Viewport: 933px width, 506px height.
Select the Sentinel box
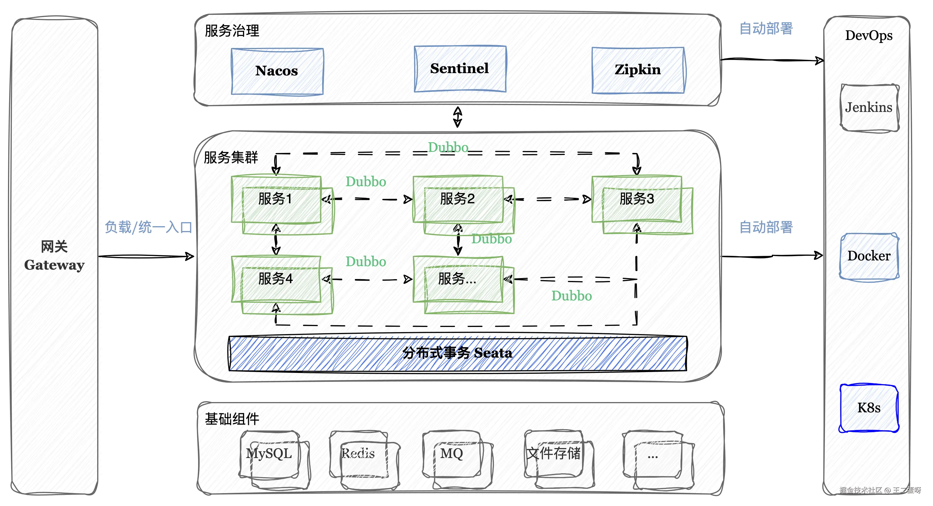[x=460, y=69]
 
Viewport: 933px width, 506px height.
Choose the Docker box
[x=869, y=256]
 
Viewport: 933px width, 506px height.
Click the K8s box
[x=869, y=408]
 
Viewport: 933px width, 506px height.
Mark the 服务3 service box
[x=637, y=199]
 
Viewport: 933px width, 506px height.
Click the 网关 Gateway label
[x=54, y=256]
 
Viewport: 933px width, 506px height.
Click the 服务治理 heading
[x=232, y=31]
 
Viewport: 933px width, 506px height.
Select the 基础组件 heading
[x=232, y=419]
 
